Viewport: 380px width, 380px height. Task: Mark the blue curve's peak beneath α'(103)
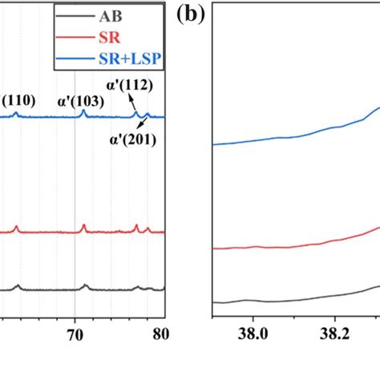click(x=83, y=112)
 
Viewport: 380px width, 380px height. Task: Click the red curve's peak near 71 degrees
click(x=83, y=227)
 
